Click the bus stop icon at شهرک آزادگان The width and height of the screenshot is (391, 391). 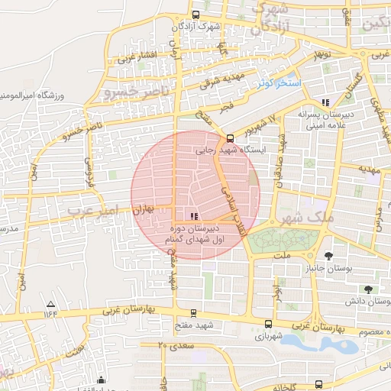[196, 15]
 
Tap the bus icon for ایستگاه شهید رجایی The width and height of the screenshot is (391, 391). [230, 139]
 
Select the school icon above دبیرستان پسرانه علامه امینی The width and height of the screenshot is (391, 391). [325, 102]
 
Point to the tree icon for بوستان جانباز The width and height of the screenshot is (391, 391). [328, 256]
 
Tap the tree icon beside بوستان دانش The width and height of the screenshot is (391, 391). [368, 289]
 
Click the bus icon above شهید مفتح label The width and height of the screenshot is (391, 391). [192, 313]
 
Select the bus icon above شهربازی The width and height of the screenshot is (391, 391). [267, 324]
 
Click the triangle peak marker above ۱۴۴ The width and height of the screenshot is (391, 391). [51, 303]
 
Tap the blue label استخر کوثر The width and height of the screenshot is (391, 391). [280, 82]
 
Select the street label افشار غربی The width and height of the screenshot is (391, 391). [137, 57]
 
